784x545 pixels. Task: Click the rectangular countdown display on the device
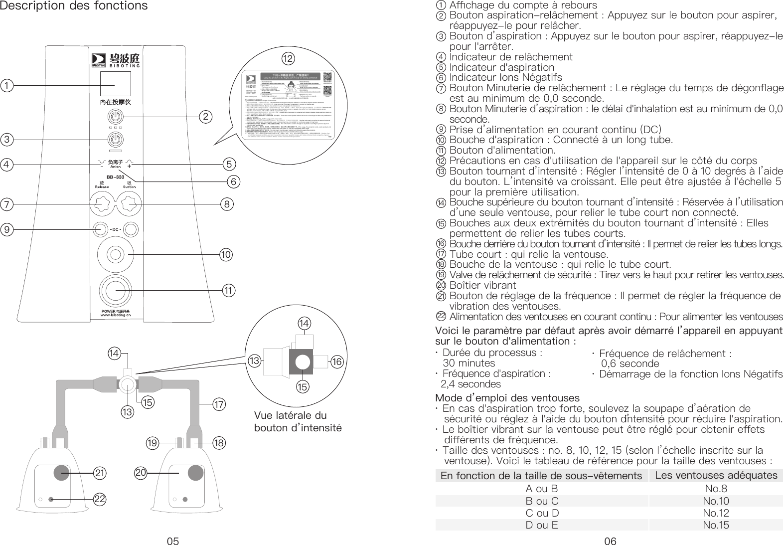pyautogui.click(x=115, y=85)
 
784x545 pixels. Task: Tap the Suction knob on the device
pyautogui.click(x=129, y=203)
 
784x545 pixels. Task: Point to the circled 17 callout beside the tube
pyautogui.click(x=219, y=404)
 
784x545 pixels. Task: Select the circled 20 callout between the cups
pyautogui.click(x=142, y=472)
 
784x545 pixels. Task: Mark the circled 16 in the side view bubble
pyautogui.click(x=337, y=362)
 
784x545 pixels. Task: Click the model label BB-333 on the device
pyautogui.click(x=115, y=177)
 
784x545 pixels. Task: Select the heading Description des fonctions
pyautogui.click(x=74, y=6)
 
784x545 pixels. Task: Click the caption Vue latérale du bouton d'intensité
pyautogui.click(x=298, y=422)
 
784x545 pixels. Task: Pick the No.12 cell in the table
pyautogui.click(x=716, y=513)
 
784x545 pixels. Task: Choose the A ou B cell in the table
pyautogui.click(x=541, y=489)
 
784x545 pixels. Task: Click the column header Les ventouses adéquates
pyautogui.click(x=716, y=475)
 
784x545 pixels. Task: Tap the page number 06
pyautogui.click(x=610, y=541)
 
